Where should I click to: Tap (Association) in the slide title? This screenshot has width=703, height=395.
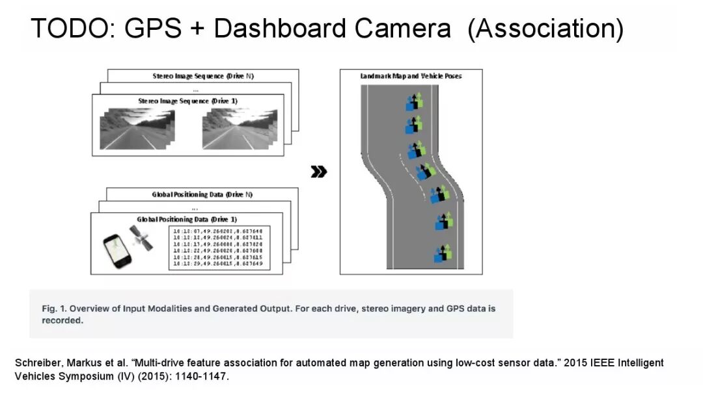tap(545, 29)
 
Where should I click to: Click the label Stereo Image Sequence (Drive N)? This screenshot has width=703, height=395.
tap(203, 76)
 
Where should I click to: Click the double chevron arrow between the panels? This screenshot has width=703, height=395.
tap(319, 172)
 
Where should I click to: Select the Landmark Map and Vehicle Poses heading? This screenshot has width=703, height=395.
tap(411, 76)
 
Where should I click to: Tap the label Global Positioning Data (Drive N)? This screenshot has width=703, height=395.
tap(202, 195)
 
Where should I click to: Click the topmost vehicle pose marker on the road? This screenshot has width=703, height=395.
tap(413, 102)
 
